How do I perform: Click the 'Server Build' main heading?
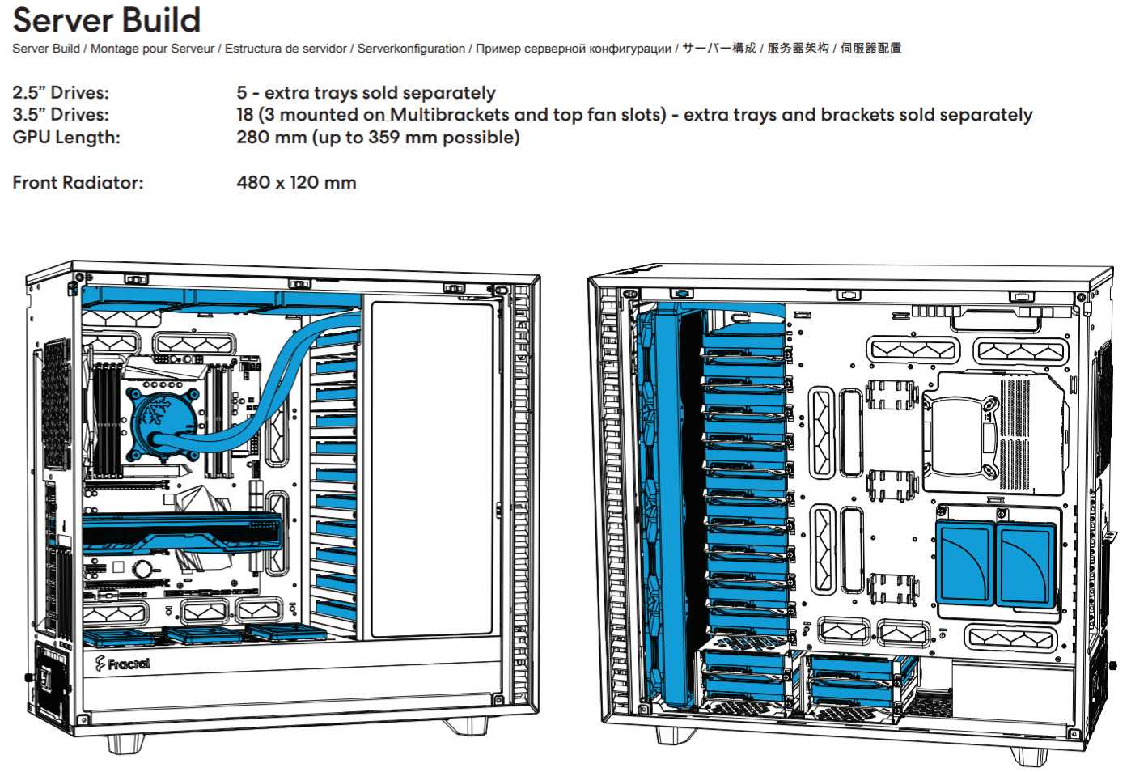tap(106, 19)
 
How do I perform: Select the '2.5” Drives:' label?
tap(61, 93)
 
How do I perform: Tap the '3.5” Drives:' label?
tap(61, 115)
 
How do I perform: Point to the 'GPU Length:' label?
tap(66, 138)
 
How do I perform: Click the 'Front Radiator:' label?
tap(78, 183)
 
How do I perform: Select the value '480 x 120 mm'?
tap(296, 183)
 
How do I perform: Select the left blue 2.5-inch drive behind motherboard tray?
tap(964, 563)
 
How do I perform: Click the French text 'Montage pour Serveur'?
tap(152, 49)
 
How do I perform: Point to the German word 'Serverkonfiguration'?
tap(411, 49)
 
